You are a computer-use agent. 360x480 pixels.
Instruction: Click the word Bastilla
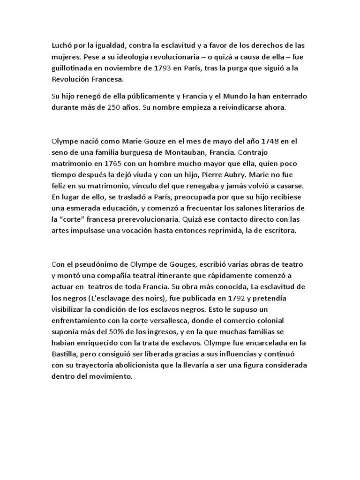65,354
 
